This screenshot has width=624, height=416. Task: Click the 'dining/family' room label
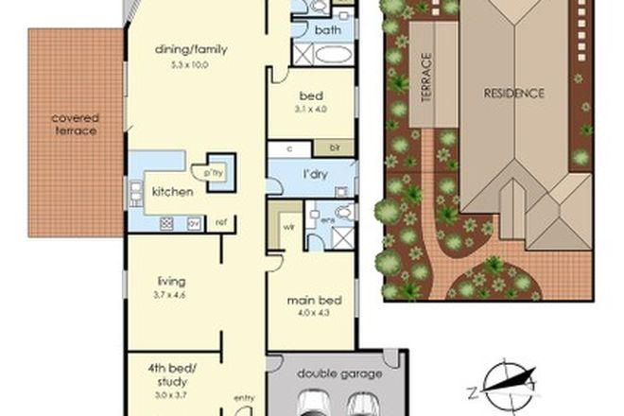194,49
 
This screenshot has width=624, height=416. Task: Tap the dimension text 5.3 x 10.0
194,64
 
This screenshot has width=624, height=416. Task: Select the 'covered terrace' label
75,124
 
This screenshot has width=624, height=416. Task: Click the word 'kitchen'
172,191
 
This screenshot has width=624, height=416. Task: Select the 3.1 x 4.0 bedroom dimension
312,112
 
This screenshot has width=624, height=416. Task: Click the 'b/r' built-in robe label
334,148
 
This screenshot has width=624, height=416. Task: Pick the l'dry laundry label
314,176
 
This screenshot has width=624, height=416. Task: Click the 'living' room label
171,281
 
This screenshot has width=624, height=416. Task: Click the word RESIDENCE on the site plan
514,93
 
